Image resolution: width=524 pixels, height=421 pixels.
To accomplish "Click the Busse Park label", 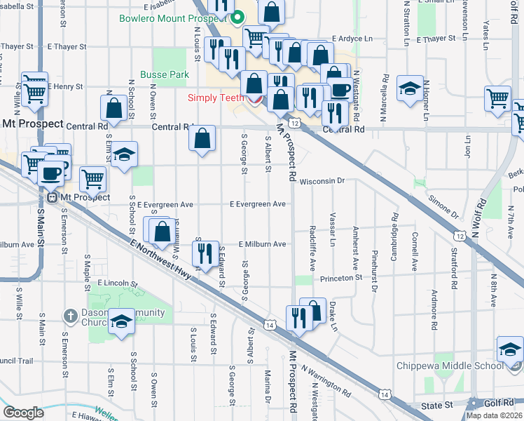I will (165, 74).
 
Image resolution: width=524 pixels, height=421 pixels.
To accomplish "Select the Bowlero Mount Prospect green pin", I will (237, 18).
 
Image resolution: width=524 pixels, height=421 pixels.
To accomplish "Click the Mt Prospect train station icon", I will (52, 197).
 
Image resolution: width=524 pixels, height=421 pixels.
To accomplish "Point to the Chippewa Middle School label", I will (449, 366).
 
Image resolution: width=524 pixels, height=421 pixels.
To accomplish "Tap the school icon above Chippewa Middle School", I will (509, 348).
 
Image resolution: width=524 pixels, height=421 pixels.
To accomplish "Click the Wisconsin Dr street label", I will (322, 180).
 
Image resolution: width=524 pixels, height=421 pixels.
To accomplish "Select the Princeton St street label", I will (341, 278).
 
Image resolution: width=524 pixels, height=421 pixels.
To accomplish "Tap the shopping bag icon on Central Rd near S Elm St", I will (113, 108).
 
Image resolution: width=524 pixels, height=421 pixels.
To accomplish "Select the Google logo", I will (23, 413).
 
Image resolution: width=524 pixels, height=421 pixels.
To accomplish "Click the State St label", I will (437, 406).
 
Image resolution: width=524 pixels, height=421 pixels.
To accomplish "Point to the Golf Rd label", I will (502, 403).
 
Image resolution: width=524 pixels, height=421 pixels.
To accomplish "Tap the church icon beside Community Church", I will (69, 316).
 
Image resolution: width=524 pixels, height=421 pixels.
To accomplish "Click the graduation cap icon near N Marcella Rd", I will (410, 88).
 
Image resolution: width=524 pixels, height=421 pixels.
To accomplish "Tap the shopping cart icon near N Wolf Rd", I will (497, 98).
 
